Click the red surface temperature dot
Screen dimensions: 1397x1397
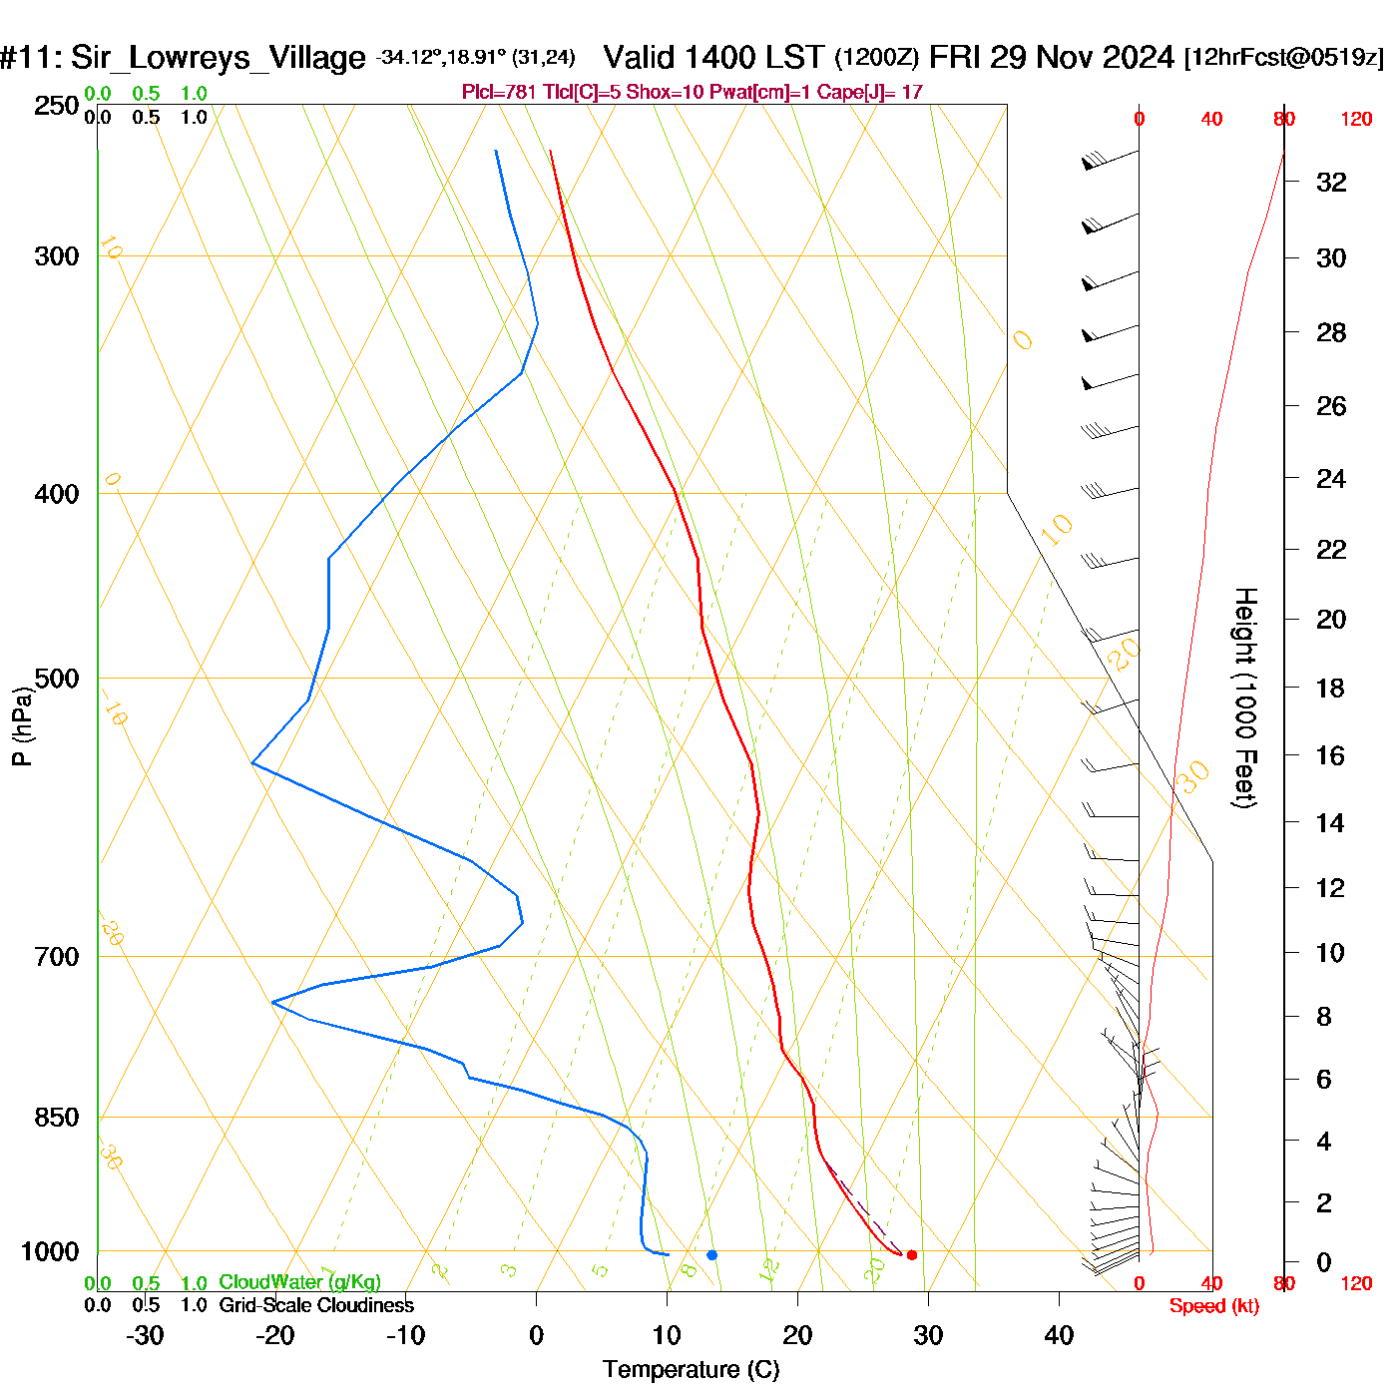(911, 1254)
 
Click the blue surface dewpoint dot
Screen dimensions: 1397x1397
(711, 1254)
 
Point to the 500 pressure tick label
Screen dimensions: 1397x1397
(56, 679)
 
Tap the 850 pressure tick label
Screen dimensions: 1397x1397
(56, 1118)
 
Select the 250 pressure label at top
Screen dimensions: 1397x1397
(56, 106)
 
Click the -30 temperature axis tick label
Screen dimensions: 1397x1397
(145, 1335)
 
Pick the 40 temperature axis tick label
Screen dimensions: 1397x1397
(1059, 1335)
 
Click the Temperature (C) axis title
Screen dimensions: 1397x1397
(691, 1370)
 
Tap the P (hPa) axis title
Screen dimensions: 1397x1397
(22, 725)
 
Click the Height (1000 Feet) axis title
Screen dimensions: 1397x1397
(1244, 698)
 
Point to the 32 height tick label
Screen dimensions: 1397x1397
(1331, 183)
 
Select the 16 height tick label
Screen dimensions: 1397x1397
(1330, 755)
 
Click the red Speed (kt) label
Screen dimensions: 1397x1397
(1213, 1306)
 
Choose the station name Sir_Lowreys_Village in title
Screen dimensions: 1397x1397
(218, 58)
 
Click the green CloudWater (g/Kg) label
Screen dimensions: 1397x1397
(299, 1282)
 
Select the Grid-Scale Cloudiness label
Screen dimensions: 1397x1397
(316, 1305)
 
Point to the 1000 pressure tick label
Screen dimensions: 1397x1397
(49, 1252)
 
